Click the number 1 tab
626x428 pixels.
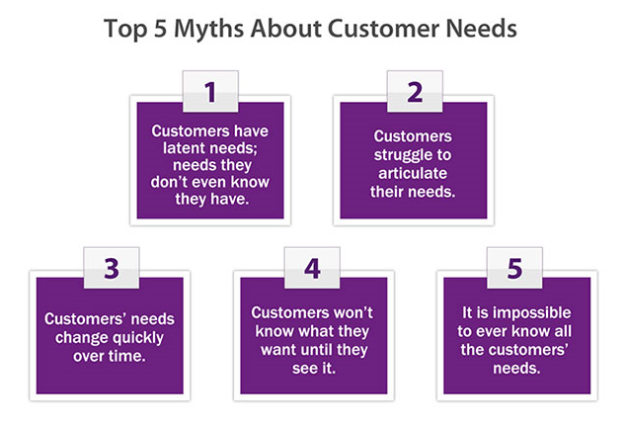pyautogui.click(x=209, y=92)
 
